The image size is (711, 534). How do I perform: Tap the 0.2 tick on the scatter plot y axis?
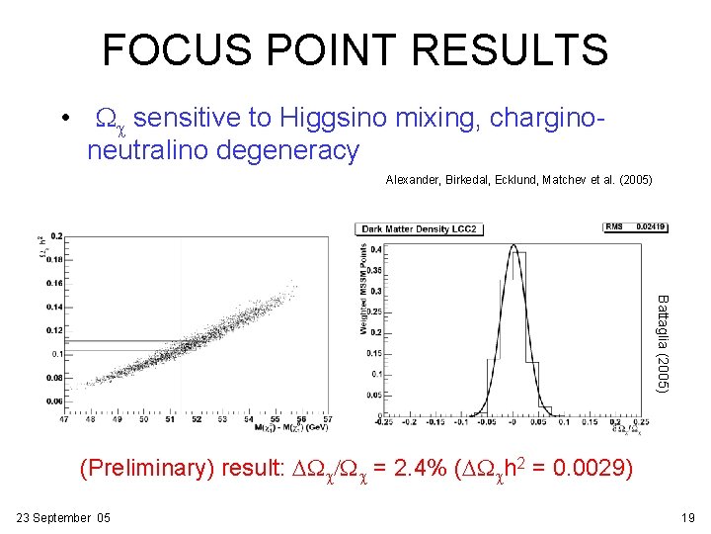pyautogui.click(x=56, y=236)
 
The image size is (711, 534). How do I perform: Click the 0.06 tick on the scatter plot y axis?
pyautogui.click(x=54, y=401)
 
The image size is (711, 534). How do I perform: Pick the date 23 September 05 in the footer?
pyautogui.click(x=63, y=518)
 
